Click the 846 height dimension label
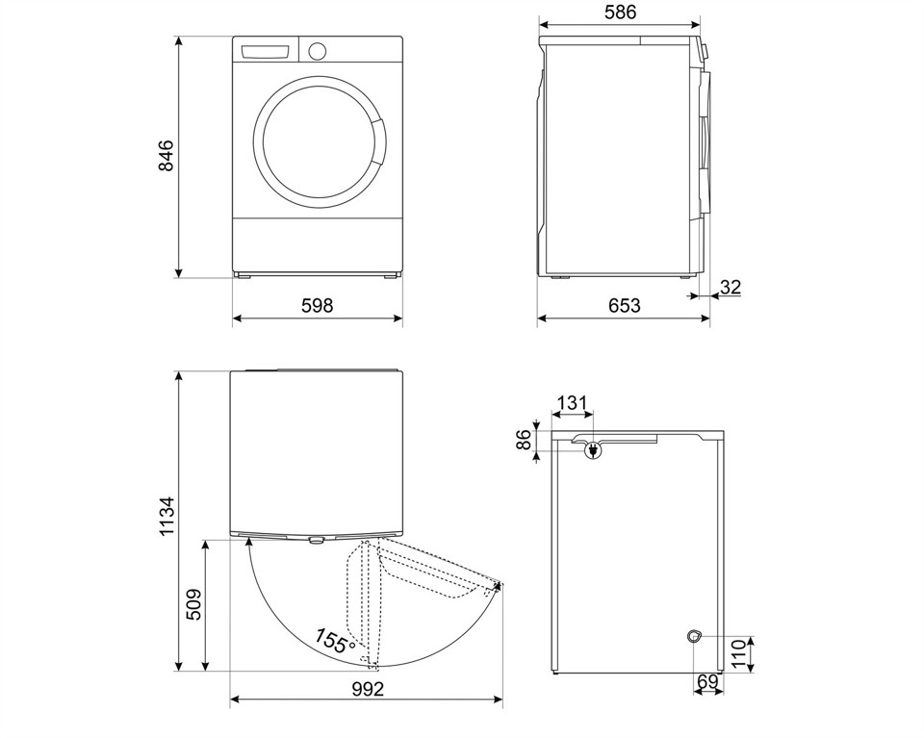pyautogui.click(x=166, y=156)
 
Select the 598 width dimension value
pyautogui.click(x=317, y=306)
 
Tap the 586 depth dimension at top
pyautogui.click(x=622, y=13)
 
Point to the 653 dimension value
pyautogui.click(x=624, y=306)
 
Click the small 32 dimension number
pyautogui.click(x=731, y=286)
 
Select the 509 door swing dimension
pyautogui.click(x=193, y=604)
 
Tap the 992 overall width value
pyautogui.click(x=367, y=689)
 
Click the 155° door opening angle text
pyautogui.click(x=335, y=642)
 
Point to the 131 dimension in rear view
pyautogui.click(x=572, y=403)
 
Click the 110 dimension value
pyautogui.click(x=738, y=653)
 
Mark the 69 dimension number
pyautogui.click(x=707, y=682)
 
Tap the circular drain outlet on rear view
pyautogui.click(x=693, y=635)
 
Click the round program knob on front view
pyautogui.click(x=318, y=50)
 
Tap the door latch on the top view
pyautogui.click(x=316, y=540)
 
